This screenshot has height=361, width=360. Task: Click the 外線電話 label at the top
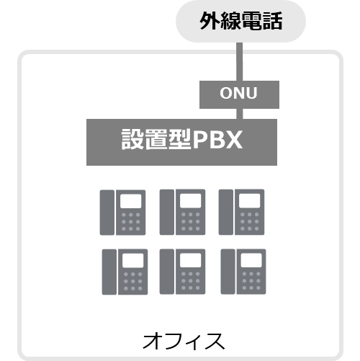point(240,21)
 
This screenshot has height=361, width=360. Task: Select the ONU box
point(239,94)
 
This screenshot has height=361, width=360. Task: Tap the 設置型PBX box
point(181,142)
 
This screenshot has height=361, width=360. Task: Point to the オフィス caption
point(184,341)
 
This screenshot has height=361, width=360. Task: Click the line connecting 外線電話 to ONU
point(240,62)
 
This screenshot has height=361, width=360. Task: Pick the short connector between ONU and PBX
point(240,114)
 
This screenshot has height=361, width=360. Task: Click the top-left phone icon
point(122,213)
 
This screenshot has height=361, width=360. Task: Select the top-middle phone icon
point(182,212)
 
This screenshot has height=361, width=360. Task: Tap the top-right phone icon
point(241,212)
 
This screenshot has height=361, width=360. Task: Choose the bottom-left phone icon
point(125,272)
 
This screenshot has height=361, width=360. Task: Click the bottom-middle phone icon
point(182,272)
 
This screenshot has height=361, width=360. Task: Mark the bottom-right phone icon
point(243,272)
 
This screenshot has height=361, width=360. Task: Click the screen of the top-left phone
point(131,201)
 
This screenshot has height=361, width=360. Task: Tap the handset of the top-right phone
point(226,212)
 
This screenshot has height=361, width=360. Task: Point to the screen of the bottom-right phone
point(251,260)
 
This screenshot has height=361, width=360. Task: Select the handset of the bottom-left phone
point(109,272)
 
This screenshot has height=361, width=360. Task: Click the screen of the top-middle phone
point(191,201)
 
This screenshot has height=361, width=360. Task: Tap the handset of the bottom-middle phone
point(167,272)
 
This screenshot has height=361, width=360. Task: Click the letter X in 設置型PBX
point(233,140)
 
